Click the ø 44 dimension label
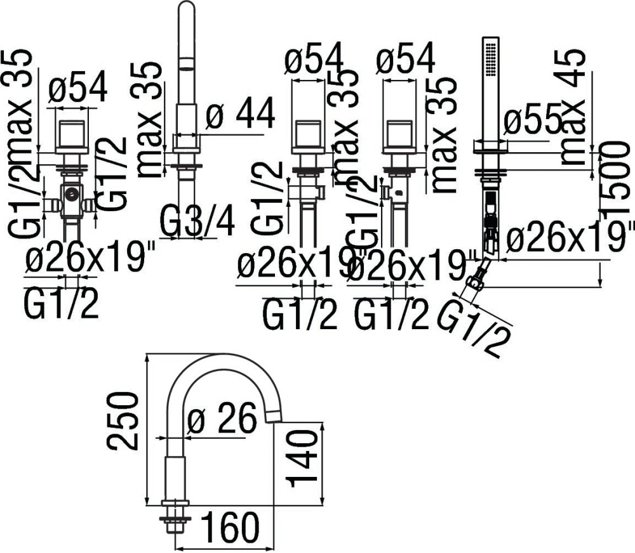coord(241,115)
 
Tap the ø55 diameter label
coord(532,122)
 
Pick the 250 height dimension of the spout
coord(123,420)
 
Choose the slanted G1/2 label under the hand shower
coord(474,324)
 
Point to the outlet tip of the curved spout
coord(272,416)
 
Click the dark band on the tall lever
coord(186,62)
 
